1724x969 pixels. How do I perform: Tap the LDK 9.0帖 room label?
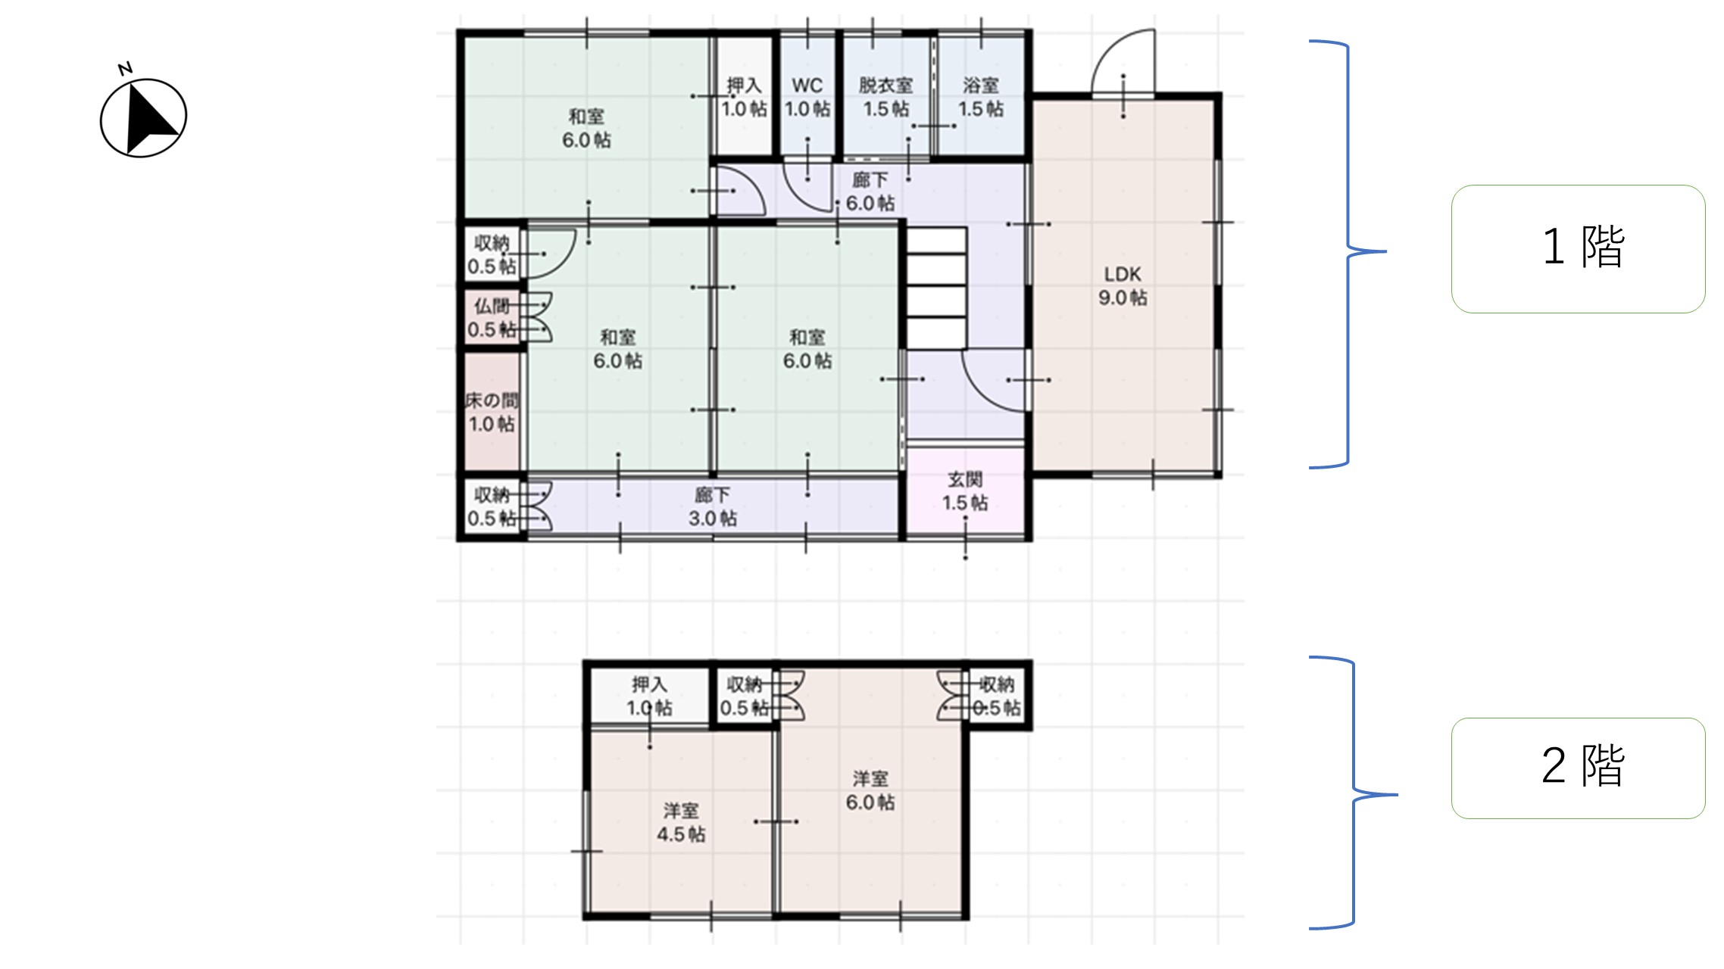[x=1123, y=286]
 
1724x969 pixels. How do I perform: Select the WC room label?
[x=807, y=86]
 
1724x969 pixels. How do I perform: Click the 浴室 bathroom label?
[x=981, y=86]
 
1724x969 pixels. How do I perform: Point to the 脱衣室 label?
[x=885, y=86]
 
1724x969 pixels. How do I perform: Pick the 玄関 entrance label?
[x=965, y=479]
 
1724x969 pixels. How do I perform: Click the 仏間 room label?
[x=492, y=306]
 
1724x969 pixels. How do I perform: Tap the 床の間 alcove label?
[x=492, y=400]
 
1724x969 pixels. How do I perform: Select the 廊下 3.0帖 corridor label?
[x=713, y=506]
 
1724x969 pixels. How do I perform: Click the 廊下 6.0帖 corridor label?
[x=870, y=192]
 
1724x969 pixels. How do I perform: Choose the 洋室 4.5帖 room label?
[x=681, y=823]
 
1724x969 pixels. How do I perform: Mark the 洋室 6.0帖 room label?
[x=870, y=791]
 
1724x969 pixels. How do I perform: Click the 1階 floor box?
[x=1578, y=248]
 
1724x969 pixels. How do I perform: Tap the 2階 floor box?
[x=1578, y=768]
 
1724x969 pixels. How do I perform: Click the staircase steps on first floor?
[x=936, y=288]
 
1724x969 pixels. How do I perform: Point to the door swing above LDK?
[x=1123, y=61]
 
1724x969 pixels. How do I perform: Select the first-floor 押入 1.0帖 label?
[x=745, y=97]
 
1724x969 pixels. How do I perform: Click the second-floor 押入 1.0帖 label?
[x=650, y=696]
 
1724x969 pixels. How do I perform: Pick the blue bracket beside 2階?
[x=1354, y=793]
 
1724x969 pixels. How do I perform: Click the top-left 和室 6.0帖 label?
[x=586, y=128]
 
